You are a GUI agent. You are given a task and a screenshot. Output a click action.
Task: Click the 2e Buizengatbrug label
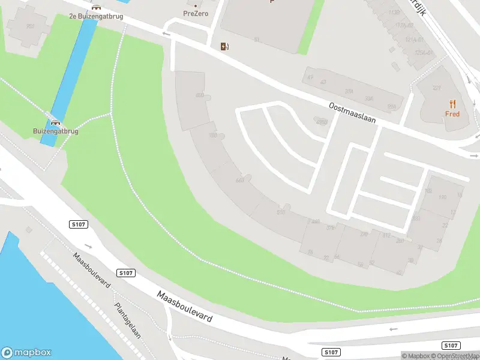pos(96,16)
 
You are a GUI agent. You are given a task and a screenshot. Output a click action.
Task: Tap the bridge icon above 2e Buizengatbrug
pos(96,7)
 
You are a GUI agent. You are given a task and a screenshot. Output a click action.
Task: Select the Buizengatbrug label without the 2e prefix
pos(56,131)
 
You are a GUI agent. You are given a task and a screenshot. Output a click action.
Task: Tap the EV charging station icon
pos(224,46)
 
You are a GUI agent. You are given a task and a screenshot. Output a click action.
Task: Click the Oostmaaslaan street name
pos(352,112)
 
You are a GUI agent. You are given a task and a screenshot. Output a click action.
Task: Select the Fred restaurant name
pos(452,114)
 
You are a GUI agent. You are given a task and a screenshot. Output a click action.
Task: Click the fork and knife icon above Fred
pos(452,104)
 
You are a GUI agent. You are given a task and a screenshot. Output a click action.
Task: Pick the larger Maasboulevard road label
pos(185,307)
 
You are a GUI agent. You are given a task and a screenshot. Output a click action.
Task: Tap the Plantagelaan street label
pos(127,320)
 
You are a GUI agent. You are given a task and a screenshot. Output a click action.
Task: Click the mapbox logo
pos(26,353)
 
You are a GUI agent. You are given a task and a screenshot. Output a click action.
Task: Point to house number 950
pos(30,26)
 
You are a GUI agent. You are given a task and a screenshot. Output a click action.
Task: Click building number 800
pos(200,95)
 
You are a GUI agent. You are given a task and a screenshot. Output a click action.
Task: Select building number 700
pos(212,136)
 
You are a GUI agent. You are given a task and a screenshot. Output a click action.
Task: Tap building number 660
pos(241,180)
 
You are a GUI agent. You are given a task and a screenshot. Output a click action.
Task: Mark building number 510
pos(280,212)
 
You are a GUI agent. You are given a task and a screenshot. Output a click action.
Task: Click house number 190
pos(443,197)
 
